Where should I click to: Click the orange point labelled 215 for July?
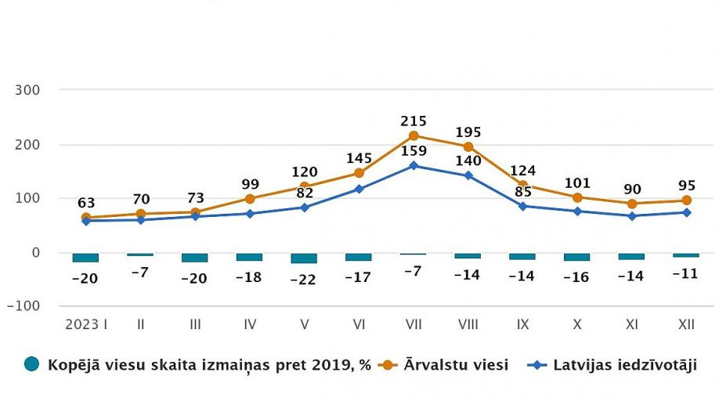(x=414, y=135)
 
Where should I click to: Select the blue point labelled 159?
(x=414, y=165)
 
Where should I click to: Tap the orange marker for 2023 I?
(x=85, y=217)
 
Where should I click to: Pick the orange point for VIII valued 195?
(x=468, y=146)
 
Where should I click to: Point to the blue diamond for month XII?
(x=686, y=212)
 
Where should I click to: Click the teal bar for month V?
(x=304, y=258)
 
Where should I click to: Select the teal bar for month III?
(x=194, y=258)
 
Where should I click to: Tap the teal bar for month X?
(x=577, y=257)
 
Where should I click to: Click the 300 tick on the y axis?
(x=27, y=90)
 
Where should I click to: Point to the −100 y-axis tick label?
(x=23, y=306)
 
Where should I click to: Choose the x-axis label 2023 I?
(x=85, y=323)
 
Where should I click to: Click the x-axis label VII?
(x=414, y=323)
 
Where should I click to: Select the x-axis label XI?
(x=631, y=323)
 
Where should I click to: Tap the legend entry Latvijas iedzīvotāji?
(x=624, y=364)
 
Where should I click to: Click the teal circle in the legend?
(x=32, y=364)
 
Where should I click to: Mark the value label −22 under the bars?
(x=304, y=280)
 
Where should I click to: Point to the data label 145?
(x=359, y=159)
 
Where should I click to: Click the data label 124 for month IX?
(x=522, y=171)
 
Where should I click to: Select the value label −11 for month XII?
(x=686, y=274)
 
